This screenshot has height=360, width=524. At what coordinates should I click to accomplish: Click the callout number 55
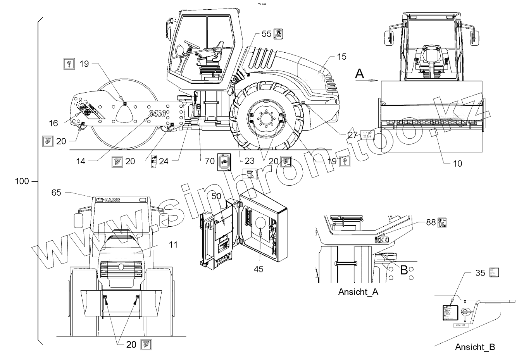click(x=266, y=34)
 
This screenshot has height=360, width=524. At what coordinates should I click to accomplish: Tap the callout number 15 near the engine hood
click(x=341, y=57)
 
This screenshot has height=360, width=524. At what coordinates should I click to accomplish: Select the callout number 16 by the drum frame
click(x=53, y=123)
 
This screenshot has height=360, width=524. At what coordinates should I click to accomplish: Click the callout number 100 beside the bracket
click(x=22, y=181)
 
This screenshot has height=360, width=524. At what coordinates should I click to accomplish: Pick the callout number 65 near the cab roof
click(x=57, y=192)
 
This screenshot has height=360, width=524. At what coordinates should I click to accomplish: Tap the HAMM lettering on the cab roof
click(x=113, y=200)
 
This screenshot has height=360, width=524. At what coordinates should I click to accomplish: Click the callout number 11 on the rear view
click(x=173, y=245)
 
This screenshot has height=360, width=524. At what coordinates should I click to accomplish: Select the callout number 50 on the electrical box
click(x=216, y=196)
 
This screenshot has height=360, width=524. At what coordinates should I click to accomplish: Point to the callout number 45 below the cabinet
click(x=258, y=269)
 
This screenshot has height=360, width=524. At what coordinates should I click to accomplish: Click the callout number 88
click(x=431, y=222)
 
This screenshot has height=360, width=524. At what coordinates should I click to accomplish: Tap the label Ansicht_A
click(x=358, y=292)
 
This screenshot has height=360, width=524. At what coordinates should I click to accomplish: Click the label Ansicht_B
click(x=475, y=347)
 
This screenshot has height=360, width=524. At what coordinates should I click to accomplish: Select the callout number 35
click(x=480, y=273)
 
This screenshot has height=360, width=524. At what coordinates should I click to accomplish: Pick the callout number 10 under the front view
click(x=458, y=164)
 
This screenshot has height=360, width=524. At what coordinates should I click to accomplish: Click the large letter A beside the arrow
click(x=360, y=74)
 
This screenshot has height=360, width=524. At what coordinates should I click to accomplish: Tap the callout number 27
click(x=352, y=134)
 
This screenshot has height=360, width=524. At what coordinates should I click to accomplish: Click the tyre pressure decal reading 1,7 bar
click(x=367, y=135)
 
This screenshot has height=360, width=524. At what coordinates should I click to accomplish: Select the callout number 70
click(x=210, y=160)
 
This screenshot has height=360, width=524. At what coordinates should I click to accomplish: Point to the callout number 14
click(x=80, y=161)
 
